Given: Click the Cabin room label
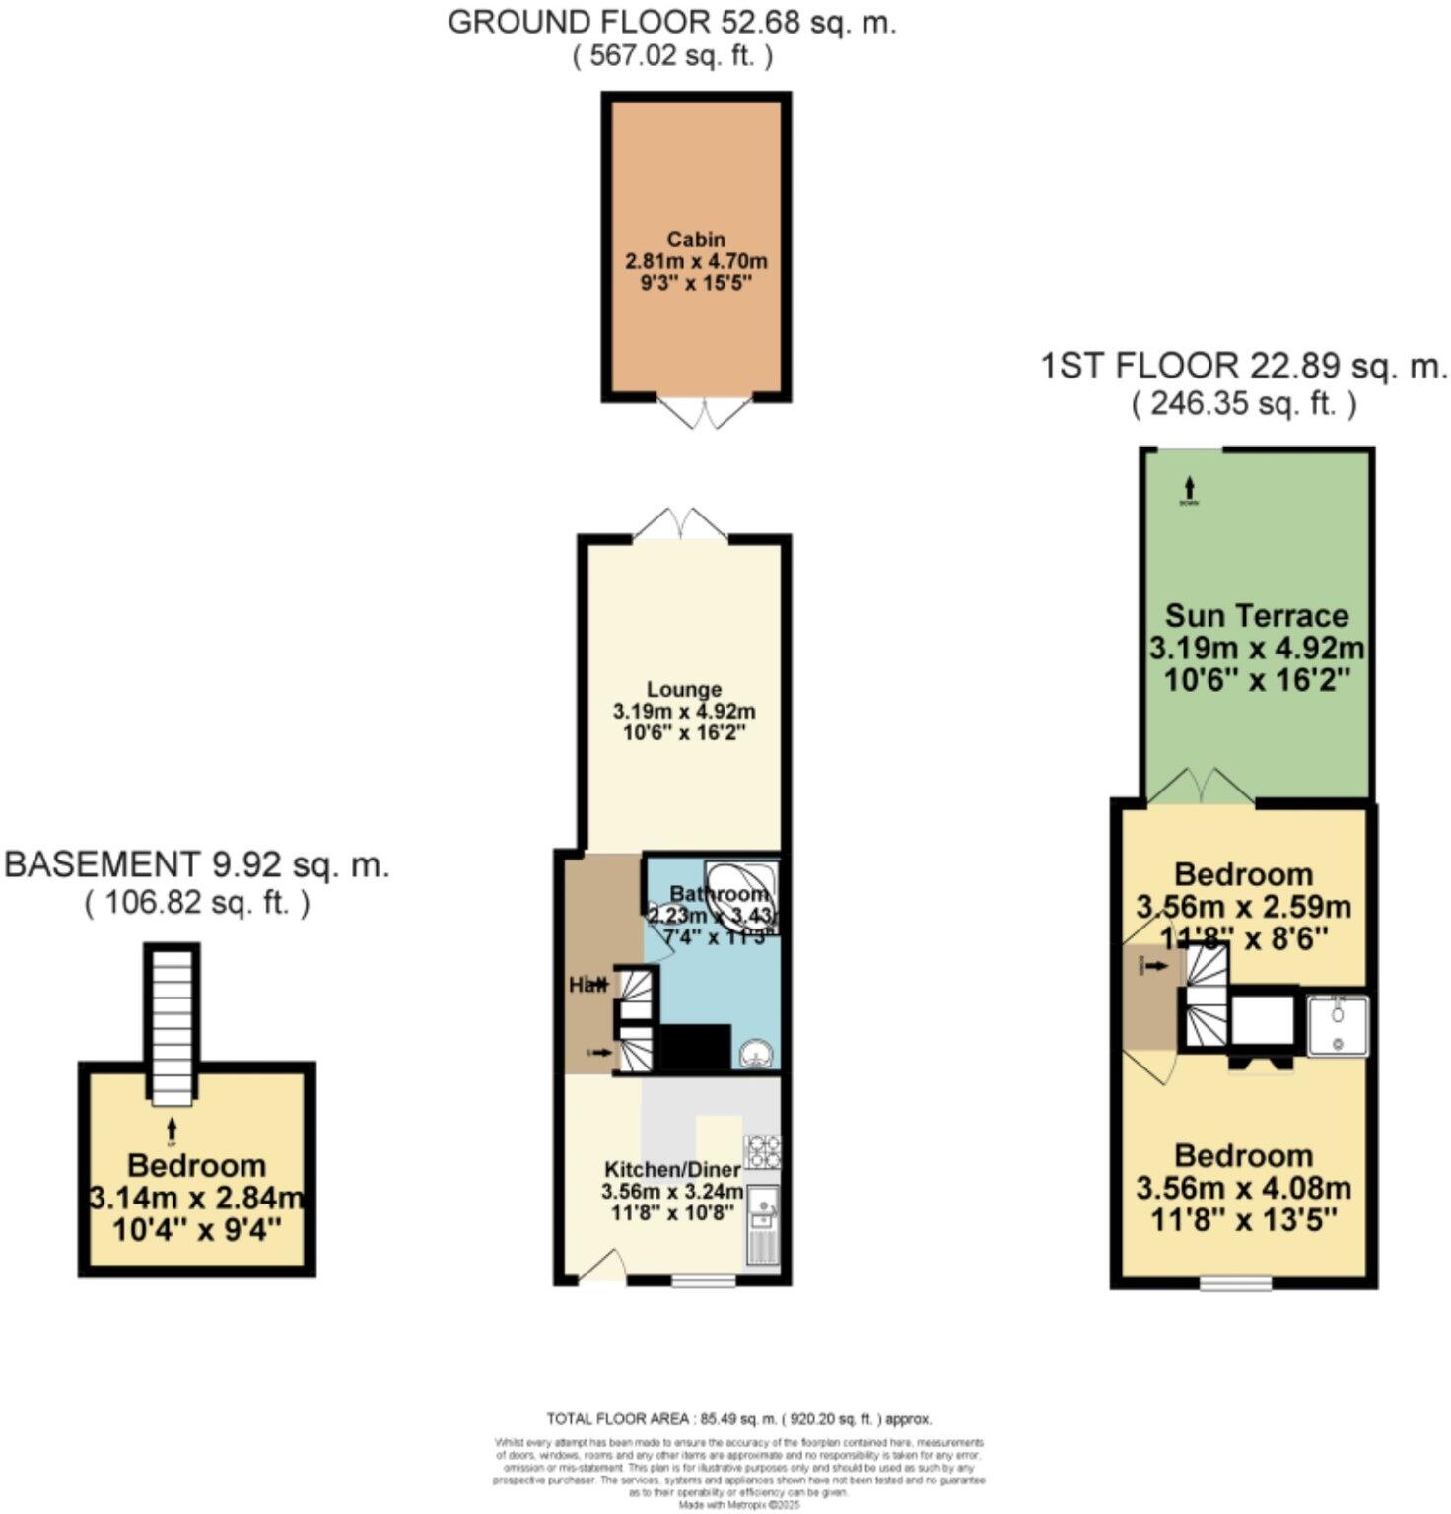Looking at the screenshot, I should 696,240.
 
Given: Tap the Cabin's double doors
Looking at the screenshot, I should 705,413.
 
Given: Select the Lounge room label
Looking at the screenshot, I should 683,690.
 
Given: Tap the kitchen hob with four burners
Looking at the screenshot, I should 762,1151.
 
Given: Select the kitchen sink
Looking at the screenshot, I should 762,1204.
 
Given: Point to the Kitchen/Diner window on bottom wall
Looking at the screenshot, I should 704,1282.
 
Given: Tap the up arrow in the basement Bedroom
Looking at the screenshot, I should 173,1128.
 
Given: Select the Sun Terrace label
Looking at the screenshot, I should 1256,616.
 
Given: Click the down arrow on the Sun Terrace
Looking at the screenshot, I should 1190,487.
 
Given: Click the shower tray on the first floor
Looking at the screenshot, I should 1337,1026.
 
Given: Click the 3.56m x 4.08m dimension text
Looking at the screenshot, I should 1243,1189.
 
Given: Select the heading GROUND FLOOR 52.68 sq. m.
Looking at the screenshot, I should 672,22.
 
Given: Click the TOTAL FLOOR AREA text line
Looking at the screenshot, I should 738,1419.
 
